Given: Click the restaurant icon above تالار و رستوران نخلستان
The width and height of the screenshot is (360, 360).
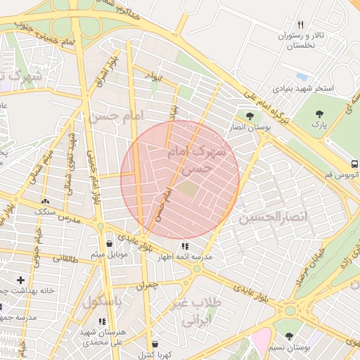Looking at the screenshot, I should pos(300,25).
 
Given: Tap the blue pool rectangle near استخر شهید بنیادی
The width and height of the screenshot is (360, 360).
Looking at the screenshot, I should pos(302,76).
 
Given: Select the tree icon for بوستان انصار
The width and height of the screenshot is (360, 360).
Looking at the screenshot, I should pos(250,115).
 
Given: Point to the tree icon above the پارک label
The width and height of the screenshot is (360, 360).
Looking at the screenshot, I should pos(320,113).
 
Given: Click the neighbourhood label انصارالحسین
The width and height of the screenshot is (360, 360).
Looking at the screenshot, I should pos(274,217).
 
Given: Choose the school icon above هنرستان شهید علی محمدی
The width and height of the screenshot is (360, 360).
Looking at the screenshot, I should pos(103,321).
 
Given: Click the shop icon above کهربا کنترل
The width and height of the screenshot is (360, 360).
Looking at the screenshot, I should pos(153,344).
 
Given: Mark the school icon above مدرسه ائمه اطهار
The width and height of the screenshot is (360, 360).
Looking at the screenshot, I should pos(184,247).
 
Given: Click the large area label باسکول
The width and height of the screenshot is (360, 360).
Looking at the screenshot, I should pos(103,302).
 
